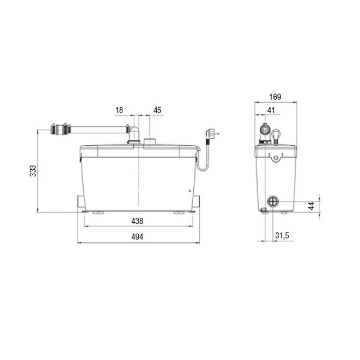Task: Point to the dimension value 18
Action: pos(119,110)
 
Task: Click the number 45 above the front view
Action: pos(157,110)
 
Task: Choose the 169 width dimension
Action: pos(276,96)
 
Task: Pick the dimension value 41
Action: pos(271,110)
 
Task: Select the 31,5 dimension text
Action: pos(282,236)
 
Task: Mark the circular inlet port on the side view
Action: pos(273,201)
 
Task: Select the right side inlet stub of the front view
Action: pos(197,200)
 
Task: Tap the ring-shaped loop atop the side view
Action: pos(276,134)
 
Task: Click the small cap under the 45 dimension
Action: pos(150,142)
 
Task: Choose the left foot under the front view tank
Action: pos(98,213)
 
